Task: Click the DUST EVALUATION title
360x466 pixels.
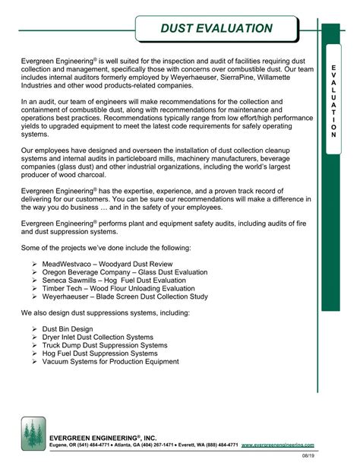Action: tap(216, 29)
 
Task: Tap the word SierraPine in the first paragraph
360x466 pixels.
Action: tap(235, 78)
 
